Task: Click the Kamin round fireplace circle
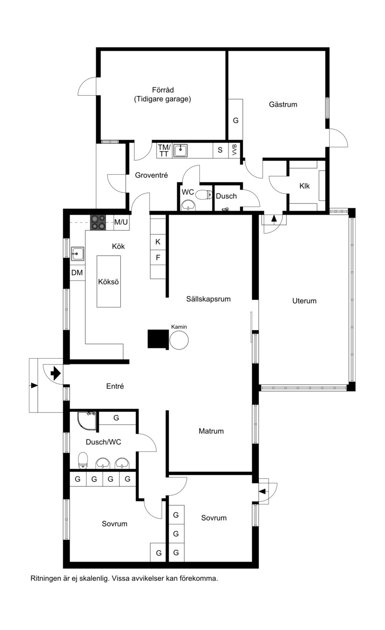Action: (x=179, y=340)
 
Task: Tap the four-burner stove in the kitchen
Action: (x=98, y=222)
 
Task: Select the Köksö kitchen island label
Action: (x=109, y=282)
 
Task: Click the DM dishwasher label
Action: (x=77, y=272)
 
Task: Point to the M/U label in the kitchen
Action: (x=121, y=222)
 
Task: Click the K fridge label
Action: (x=158, y=242)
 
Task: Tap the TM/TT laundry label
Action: (x=164, y=151)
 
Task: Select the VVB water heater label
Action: (x=234, y=150)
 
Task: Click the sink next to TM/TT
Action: (x=180, y=151)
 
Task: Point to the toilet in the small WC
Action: (x=204, y=194)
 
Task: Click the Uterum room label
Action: (x=304, y=301)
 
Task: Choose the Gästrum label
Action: (x=283, y=104)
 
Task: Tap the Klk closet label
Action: (x=305, y=186)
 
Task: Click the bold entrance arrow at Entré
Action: (x=56, y=373)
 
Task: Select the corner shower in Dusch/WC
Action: (x=87, y=421)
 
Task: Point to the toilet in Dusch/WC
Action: (x=83, y=461)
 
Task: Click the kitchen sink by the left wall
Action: (x=77, y=254)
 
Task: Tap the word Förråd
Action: (x=163, y=90)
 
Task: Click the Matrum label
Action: (x=211, y=431)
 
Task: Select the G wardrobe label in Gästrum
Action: (x=236, y=120)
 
